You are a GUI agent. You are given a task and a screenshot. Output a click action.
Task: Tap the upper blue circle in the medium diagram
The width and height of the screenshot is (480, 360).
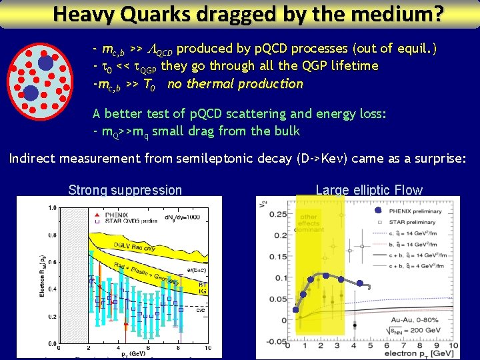[x=45, y=63]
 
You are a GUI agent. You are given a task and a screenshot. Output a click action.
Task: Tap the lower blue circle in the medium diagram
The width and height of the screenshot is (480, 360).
[x=31, y=92]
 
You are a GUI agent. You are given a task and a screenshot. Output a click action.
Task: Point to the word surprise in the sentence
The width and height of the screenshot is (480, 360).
[x=437, y=159]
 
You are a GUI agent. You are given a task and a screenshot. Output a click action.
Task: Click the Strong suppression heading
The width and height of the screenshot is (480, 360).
[x=125, y=190]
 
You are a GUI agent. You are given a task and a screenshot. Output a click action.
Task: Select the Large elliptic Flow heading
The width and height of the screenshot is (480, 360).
[x=369, y=190]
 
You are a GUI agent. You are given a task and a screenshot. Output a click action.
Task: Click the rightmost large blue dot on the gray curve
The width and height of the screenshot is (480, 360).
[x=359, y=283]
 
